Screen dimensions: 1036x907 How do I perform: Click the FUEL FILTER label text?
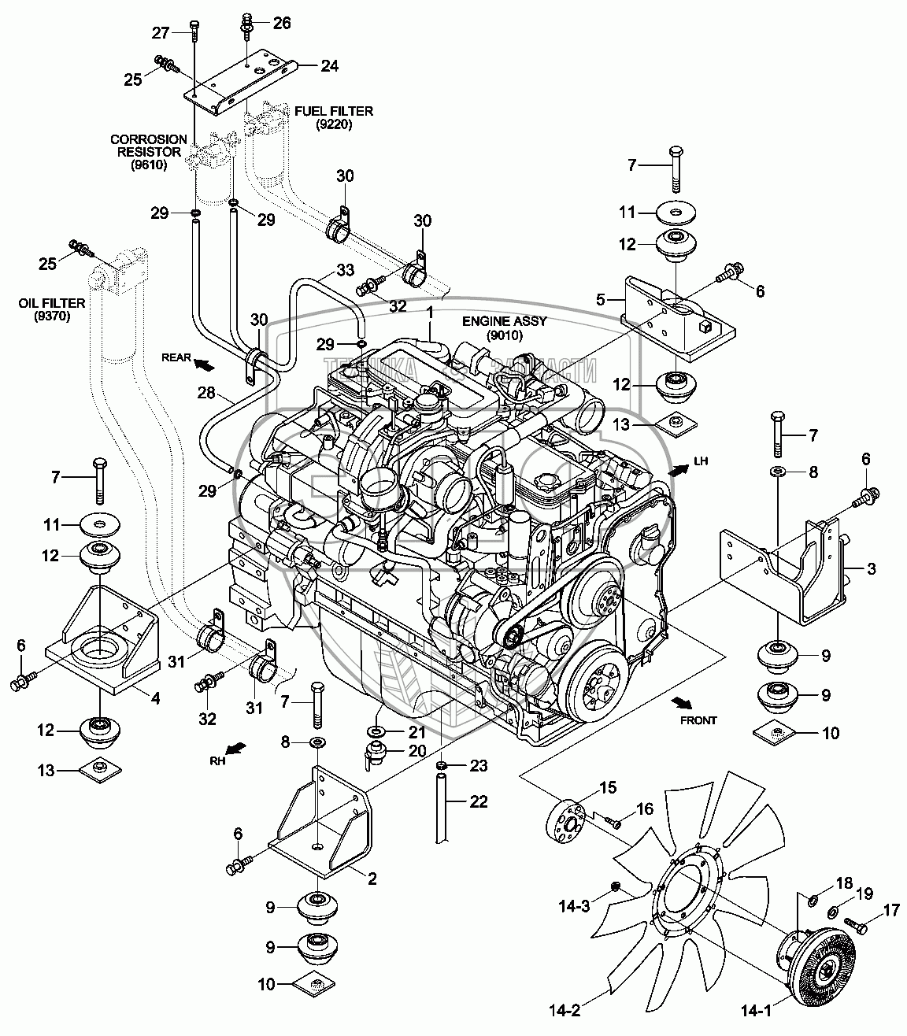pyautogui.click(x=334, y=111)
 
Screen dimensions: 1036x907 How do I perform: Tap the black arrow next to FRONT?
pyautogui.click(x=679, y=700)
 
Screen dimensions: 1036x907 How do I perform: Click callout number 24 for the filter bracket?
pyautogui.click(x=329, y=65)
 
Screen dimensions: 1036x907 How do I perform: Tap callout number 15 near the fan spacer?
pyautogui.click(x=586, y=787)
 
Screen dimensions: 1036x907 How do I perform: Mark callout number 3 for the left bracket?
pyautogui.click(x=871, y=568)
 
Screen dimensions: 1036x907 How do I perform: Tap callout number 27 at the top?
pyautogui.click(x=161, y=32)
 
